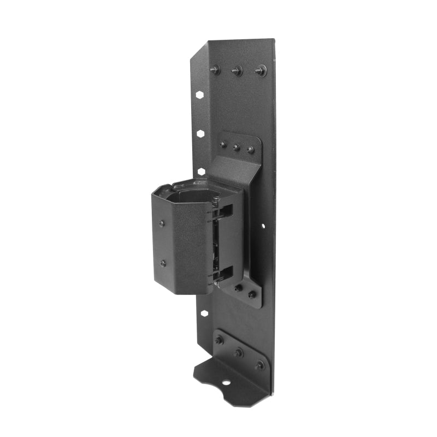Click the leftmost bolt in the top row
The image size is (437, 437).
(215, 69)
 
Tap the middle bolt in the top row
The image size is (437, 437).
(237, 70)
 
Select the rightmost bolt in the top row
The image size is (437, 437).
(260, 70)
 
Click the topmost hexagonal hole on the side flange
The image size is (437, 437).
(200, 95)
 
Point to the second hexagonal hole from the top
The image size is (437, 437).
(201, 133)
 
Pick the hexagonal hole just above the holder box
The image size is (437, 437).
(201, 171)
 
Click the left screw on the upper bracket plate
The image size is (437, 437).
(223, 145)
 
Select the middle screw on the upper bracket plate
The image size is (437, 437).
(237, 147)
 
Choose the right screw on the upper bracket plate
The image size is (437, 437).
(250, 149)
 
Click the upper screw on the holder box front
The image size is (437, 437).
(162, 223)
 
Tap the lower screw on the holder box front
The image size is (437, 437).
(163, 263)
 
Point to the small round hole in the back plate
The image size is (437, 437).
(263, 225)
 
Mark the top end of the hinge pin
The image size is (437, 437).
(216, 200)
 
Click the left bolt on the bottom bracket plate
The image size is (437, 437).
(219, 340)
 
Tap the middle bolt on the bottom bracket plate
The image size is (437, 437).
(238, 352)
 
